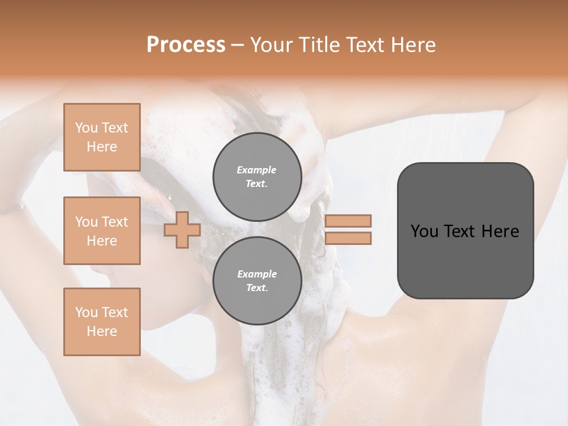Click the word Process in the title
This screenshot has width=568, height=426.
[x=186, y=45]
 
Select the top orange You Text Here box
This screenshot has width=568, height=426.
[x=102, y=137]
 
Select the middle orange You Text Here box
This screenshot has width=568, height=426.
[x=102, y=231]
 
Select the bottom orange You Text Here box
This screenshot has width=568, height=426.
[x=102, y=321]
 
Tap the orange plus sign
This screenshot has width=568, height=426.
[x=182, y=230]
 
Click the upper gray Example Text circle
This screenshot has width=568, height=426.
[x=257, y=177]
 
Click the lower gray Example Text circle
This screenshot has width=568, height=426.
[x=257, y=281]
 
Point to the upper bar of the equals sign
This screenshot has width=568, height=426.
[x=348, y=221]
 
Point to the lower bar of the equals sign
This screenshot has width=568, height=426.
[x=348, y=238]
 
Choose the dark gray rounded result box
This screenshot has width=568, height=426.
[x=465, y=230]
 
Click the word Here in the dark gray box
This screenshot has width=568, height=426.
[x=500, y=231]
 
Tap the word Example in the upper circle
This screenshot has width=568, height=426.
[x=257, y=170]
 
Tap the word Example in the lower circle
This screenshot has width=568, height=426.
[x=257, y=275]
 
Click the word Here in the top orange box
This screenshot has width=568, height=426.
[x=102, y=147]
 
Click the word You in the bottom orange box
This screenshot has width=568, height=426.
[x=86, y=312]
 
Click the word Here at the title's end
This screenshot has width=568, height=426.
[x=414, y=45]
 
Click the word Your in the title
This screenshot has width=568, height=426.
[x=272, y=45]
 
